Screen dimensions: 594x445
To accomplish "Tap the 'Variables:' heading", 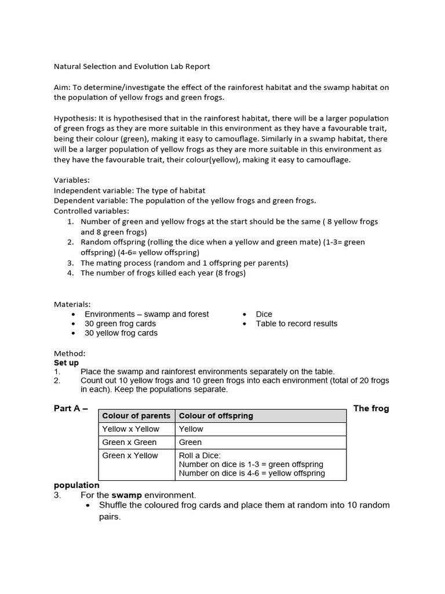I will pos(72,180).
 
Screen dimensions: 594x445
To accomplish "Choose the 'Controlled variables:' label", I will pos(92,211).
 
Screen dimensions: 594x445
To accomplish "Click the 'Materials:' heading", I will pos(72,304).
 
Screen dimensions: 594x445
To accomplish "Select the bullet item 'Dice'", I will pos(264,314).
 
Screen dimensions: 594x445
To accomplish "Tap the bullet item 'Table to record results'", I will pos(296,324).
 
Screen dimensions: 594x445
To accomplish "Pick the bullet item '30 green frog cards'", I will pos(120,324).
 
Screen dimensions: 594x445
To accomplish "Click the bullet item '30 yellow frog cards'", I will pos(121,334).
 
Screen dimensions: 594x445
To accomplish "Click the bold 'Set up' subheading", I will pos(66,363).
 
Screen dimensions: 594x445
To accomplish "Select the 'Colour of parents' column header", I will pos(136,416).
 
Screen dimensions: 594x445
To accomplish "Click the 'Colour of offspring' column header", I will pos(216,416).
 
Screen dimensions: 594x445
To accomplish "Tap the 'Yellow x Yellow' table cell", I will pos(130,429).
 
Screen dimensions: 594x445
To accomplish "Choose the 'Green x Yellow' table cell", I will pos(130,456).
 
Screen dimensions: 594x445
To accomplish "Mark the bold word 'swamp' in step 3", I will pos(127,495).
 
